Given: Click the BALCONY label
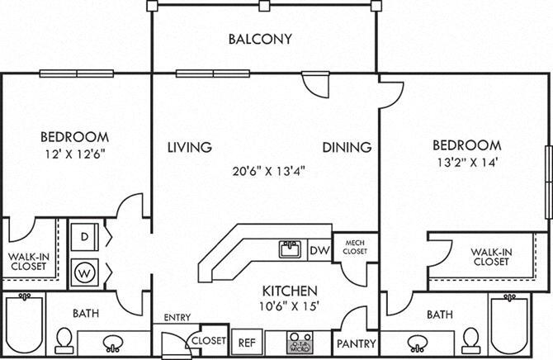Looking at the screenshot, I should [x=260, y=38].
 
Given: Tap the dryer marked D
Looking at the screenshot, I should [x=84, y=238].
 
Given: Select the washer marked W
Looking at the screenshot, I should [x=84, y=270].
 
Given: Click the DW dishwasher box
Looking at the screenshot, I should [x=319, y=250].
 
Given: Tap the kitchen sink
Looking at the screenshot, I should [x=290, y=249].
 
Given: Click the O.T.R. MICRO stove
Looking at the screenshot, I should [x=298, y=342].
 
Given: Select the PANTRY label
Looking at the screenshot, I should [x=357, y=343].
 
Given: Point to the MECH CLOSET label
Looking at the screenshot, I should [x=356, y=246].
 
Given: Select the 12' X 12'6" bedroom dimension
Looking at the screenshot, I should [x=74, y=153].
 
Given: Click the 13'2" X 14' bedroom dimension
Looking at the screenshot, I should [x=467, y=163].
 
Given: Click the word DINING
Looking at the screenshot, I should [x=346, y=147].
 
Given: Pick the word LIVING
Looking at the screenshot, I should [x=189, y=147].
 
